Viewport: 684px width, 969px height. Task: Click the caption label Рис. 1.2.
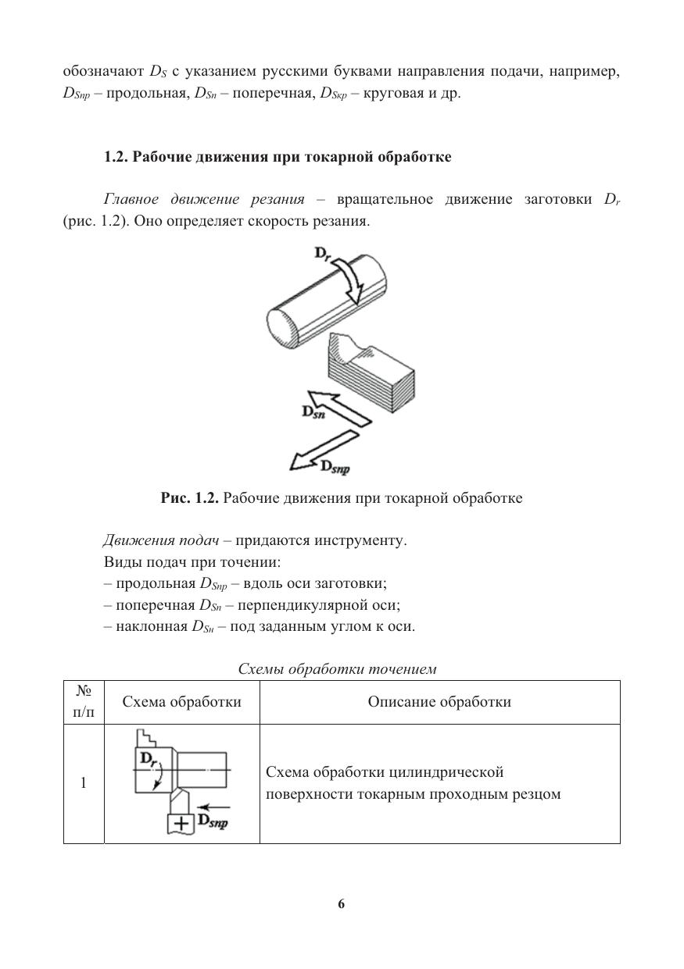190,497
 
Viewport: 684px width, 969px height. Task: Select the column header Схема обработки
182,701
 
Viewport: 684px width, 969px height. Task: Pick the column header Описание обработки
439,701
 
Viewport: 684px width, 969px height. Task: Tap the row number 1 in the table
83,783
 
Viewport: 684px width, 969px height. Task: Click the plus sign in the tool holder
181,824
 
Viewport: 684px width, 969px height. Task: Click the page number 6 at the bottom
342,904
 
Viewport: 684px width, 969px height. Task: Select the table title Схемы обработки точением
337,669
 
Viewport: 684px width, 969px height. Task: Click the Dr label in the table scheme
149,758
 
